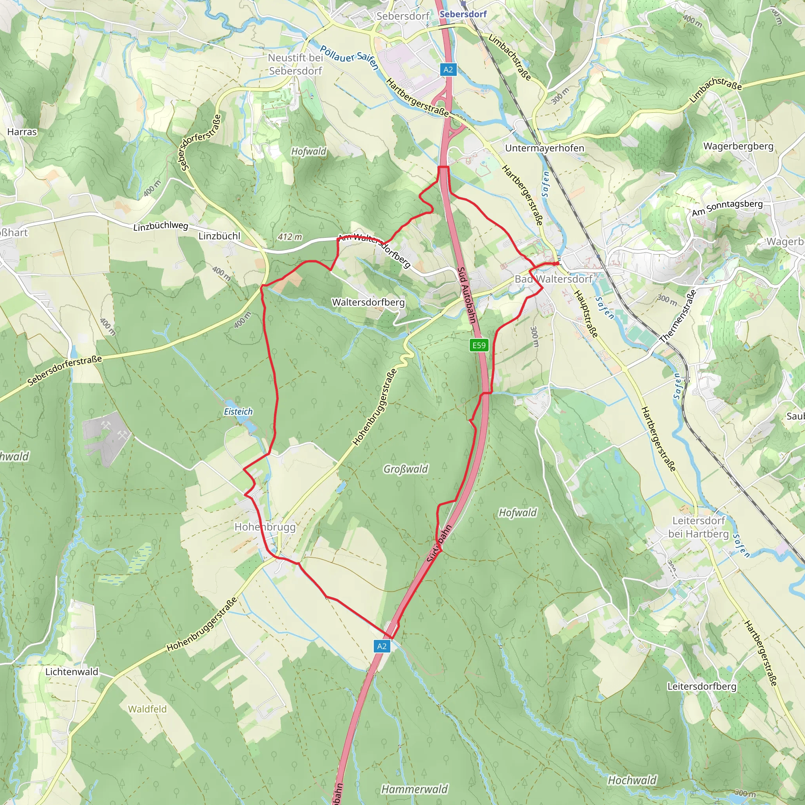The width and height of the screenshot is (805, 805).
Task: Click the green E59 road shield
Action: (479, 345)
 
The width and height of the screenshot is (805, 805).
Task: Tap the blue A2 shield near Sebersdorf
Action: (448, 70)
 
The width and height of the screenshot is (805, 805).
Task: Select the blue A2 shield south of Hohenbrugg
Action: (382, 646)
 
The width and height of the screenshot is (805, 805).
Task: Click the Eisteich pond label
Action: (238, 412)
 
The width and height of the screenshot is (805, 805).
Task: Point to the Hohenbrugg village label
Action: (265, 527)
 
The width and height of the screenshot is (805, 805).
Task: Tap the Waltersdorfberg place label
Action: (368, 302)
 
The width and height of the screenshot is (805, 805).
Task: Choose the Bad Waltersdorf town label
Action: (553, 279)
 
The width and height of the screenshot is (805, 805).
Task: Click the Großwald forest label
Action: (405, 469)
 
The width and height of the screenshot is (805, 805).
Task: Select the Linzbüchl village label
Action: (220, 236)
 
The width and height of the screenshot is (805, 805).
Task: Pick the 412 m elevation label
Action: (290, 237)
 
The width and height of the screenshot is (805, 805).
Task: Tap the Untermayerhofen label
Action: (544, 148)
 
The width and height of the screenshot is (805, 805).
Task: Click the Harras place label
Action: (22, 132)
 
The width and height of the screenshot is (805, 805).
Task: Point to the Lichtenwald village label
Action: (72, 672)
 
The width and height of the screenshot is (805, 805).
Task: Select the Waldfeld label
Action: (147, 709)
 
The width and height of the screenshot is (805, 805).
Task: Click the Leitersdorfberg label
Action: (702, 686)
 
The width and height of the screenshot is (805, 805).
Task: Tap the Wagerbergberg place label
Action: (738, 146)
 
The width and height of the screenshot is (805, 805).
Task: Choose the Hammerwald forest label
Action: (415, 789)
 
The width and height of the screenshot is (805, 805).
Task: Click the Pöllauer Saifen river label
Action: (349, 57)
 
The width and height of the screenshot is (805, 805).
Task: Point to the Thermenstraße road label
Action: (678, 316)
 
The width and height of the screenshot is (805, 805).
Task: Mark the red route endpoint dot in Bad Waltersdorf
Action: (557, 263)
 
